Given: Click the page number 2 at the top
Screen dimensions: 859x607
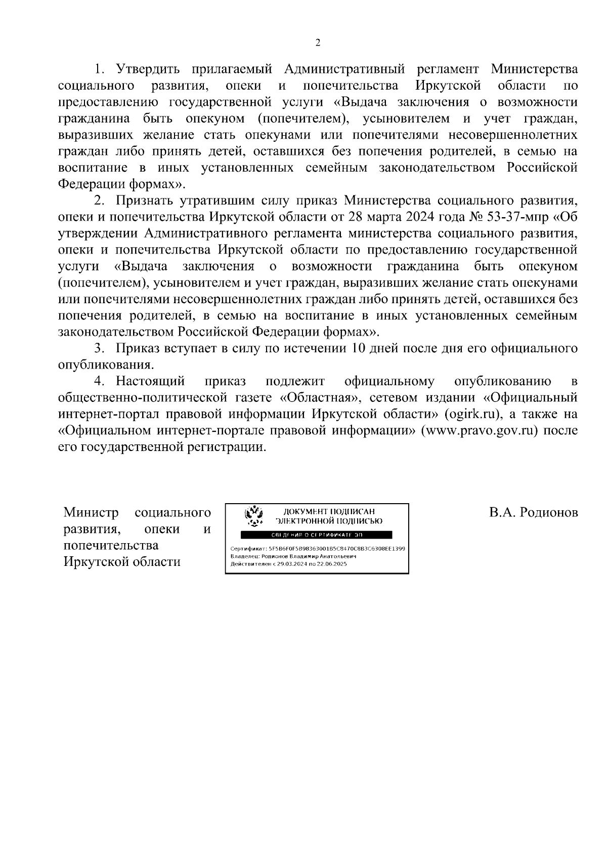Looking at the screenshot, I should tap(318, 43).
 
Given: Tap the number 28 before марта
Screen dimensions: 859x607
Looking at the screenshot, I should tap(355, 217).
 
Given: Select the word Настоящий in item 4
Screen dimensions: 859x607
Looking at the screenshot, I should tap(150, 381).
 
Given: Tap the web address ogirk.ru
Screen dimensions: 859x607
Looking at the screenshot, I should tap(473, 414).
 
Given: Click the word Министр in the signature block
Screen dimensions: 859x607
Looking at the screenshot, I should tap(91, 513).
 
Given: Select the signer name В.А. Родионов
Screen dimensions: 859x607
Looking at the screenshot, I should tap(533, 513).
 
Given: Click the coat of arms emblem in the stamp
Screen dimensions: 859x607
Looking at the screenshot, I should tap(253, 515).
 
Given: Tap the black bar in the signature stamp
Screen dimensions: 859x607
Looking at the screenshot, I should tap(316, 535).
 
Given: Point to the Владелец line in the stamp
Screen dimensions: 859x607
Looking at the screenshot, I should tap(293, 556).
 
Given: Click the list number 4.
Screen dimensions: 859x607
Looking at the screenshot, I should tap(103, 381).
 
